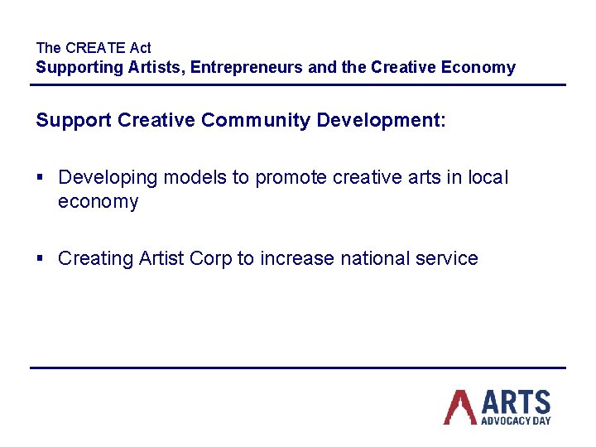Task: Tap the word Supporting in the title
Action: point(79,68)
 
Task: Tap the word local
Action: point(488,178)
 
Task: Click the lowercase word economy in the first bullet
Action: point(98,202)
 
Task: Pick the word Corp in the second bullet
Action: point(211,258)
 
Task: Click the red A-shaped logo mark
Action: point(459,406)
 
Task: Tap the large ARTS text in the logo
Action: point(516,402)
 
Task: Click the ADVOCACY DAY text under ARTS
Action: point(516,421)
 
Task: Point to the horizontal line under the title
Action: point(298,84)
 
